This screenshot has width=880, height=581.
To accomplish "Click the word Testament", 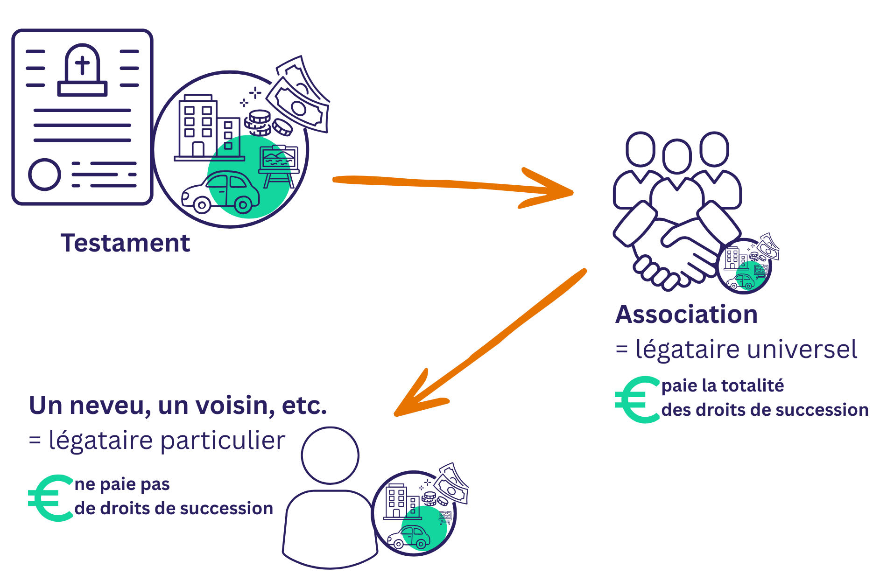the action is (x=125, y=243).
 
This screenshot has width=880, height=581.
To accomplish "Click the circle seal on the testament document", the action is (x=44, y=175).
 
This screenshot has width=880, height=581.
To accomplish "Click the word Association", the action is (x=686, y=314).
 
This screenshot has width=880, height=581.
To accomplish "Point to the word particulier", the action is (x=223, y=441).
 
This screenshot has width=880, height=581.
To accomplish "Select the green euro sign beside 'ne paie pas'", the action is (x=50, y=498).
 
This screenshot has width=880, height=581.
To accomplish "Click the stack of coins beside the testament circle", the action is (x=258, y=122).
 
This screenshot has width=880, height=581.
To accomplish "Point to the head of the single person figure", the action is (x=330, y=455).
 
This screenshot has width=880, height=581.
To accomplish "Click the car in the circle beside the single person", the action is (x=409, y=537).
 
